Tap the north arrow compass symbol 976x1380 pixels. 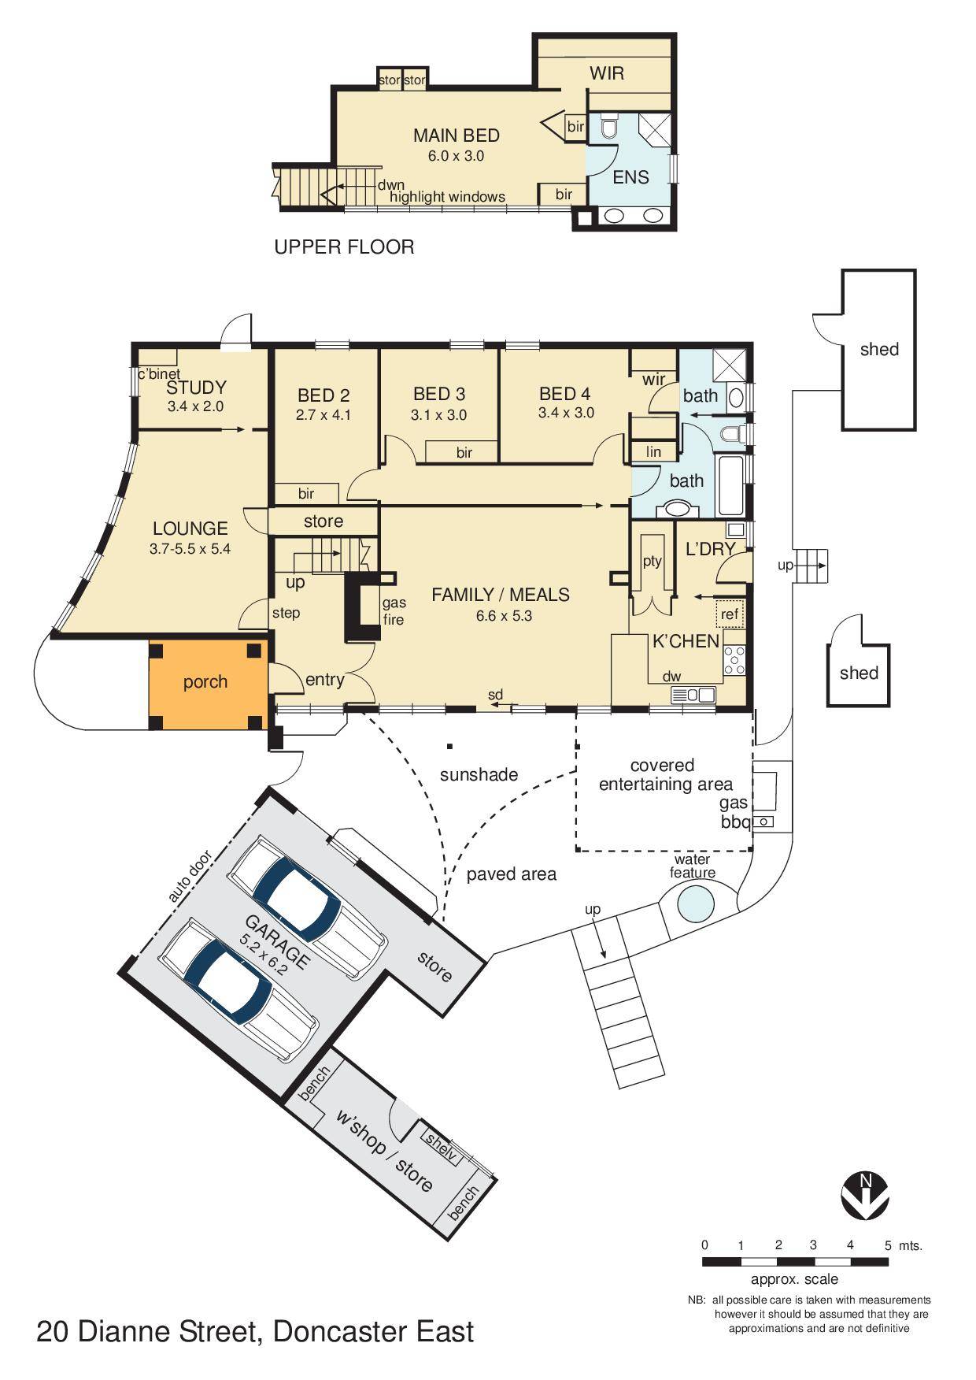point(865,1194)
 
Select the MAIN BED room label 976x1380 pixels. point(457,135)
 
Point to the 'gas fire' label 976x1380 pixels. point(394,611)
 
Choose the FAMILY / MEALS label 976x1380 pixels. point(501,595)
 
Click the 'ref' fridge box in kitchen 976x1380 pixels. point(730,614)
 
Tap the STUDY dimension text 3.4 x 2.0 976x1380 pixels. point(195,406)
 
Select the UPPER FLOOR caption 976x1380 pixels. point(344,247)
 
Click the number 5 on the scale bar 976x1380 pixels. point(888,1245)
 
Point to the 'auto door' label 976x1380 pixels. point(190,876)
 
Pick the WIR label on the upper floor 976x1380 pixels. point(607,73)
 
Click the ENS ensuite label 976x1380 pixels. point(630,177)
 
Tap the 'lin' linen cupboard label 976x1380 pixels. point(653,451)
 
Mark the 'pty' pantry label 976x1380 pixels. point(653,562)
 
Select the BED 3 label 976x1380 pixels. point(439,394)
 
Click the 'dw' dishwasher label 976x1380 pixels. point(671,676)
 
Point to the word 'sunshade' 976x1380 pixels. point(479,774)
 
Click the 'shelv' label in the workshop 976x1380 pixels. point(441,1144)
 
